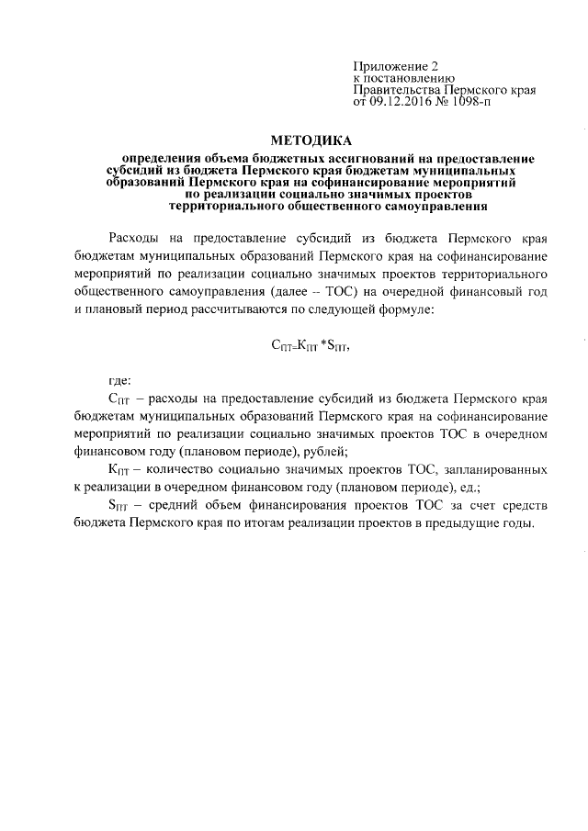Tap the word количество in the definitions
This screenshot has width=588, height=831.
pos(175,467)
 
